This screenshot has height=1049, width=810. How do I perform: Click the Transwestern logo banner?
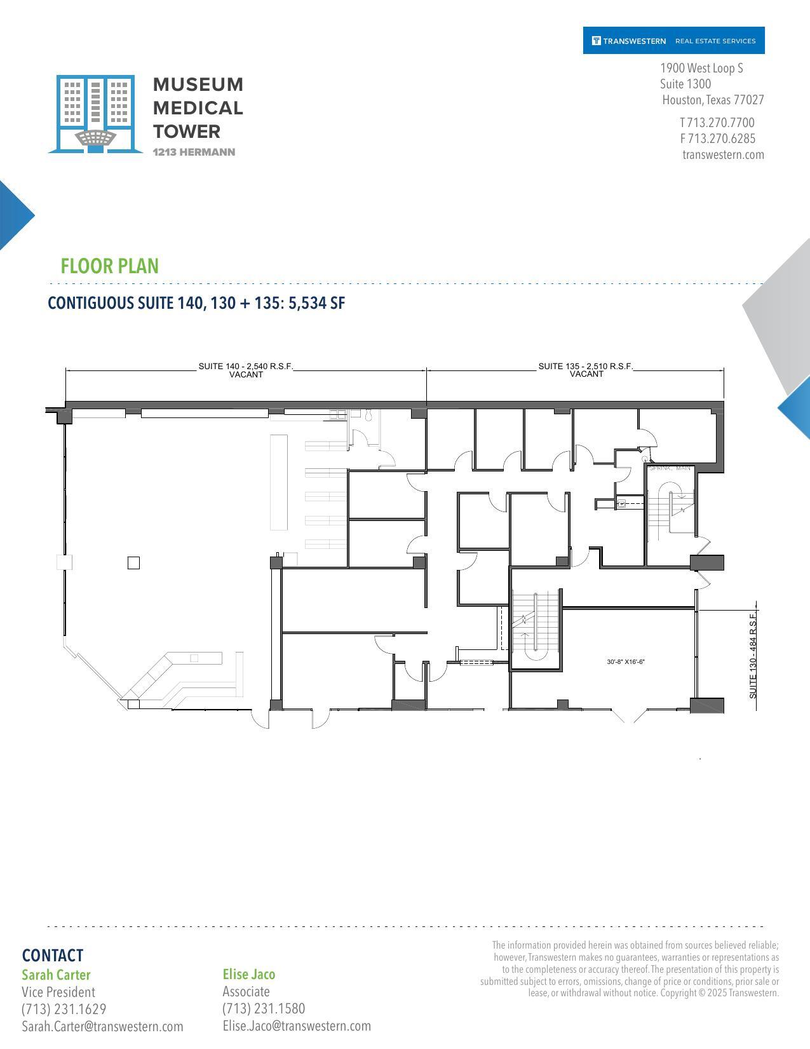click(673, 41)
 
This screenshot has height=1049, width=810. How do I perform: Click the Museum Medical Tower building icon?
click(95, 114)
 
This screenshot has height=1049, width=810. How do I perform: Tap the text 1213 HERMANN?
click(194, 152)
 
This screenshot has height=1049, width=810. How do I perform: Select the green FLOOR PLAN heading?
click(109, 266)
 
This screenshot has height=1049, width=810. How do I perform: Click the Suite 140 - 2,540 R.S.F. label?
click(246, 367)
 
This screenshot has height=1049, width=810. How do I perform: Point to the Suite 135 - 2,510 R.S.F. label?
click(586, 367)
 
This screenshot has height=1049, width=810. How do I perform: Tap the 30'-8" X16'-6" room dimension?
click(626, 662)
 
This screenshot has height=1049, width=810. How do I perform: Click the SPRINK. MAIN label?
click(670, 468)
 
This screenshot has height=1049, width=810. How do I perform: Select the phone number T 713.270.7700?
click(717, 123)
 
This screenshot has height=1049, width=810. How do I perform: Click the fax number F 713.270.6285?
click(718, 139)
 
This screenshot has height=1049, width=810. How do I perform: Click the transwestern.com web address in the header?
click(723, 155)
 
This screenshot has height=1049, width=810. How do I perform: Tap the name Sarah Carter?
click(56, 975)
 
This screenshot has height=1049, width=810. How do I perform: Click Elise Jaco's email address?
click(297, 1026)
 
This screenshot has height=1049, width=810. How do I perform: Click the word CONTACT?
click(52, 956)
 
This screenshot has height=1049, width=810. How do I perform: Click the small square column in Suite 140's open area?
click(133, 562)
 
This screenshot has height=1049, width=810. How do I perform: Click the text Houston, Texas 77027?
click(713, 100)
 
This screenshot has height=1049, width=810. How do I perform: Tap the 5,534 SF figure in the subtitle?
click(316, 303)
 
